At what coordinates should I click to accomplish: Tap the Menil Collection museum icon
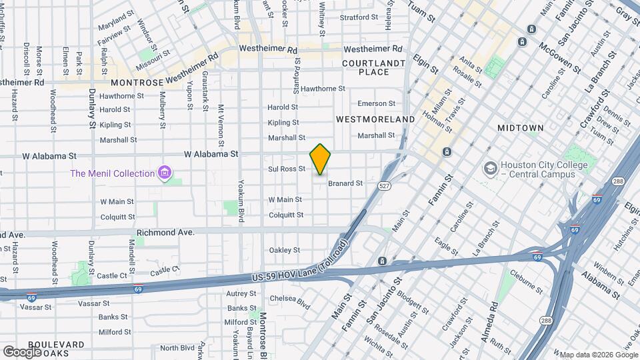pos(164,174)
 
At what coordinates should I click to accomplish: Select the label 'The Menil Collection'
pos(113,174)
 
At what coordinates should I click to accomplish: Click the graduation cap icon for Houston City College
pos(491,167)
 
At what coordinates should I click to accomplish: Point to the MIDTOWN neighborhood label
pos(521,127)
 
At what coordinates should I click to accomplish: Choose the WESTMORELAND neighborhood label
pos(375,119)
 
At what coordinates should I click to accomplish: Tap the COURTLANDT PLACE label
pos(373,67)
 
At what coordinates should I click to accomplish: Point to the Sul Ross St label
pos(287,169)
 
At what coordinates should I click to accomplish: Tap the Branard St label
pos(345,183)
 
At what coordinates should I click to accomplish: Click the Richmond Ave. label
pos(165,233)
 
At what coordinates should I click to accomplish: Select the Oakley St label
pos(284,250)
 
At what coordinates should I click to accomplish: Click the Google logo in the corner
pos(22,351)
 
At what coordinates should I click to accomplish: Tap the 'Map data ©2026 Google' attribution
pos(597,355)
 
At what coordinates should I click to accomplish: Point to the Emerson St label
pos(376,103)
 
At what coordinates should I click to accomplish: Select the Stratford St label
pos(358,17)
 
